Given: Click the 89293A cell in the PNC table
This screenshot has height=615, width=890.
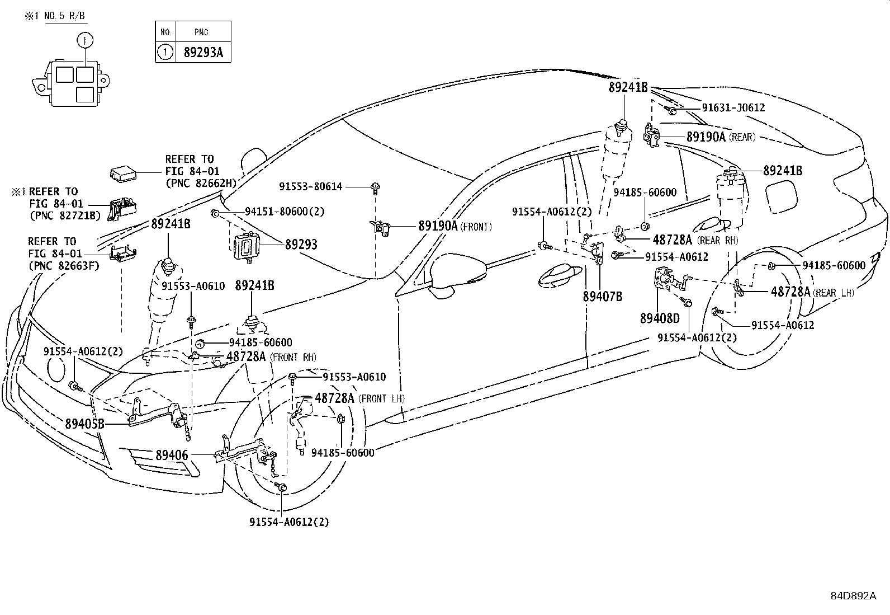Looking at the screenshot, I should coord(203,53).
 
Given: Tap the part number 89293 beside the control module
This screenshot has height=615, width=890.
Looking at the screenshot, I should coord(301,245).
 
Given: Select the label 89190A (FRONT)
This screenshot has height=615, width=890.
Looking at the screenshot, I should coord(455,226).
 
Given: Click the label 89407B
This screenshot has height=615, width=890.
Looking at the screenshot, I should coord(602,297).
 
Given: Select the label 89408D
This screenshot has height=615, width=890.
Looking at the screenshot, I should coord(660,318).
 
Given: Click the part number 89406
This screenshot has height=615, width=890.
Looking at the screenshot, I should coord(172,456).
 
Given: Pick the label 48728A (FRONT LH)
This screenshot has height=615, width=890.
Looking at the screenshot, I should coord(359,398).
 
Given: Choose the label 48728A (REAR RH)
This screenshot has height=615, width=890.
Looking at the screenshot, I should coord(695,240).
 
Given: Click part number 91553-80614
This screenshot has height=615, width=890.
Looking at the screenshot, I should coord(310,186).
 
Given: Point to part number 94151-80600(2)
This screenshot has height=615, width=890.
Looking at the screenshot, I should coord(285,212).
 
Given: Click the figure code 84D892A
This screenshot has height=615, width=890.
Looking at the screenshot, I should coord(853,595).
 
